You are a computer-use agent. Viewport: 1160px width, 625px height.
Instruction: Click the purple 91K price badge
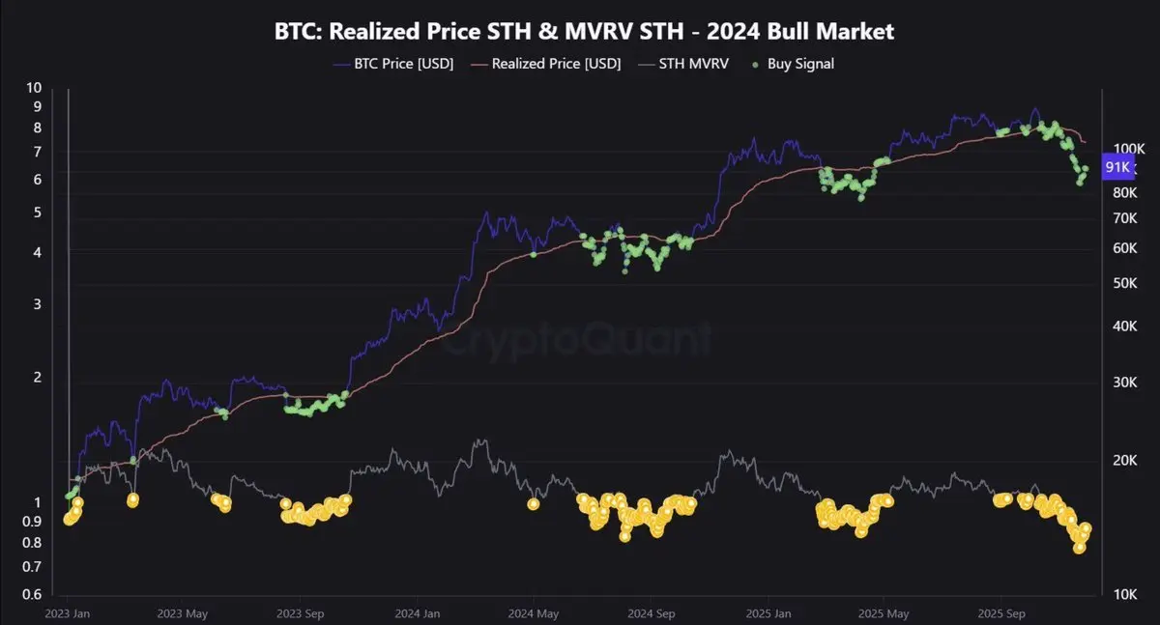1117,167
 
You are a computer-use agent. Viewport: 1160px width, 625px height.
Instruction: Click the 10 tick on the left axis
35,87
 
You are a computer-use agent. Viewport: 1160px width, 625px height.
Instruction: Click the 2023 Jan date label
70,613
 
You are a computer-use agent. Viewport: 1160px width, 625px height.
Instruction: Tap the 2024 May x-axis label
534,613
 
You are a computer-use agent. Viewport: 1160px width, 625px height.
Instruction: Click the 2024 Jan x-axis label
418,613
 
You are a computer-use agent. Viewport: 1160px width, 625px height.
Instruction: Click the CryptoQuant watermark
580,339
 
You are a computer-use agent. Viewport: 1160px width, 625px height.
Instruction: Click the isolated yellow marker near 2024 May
534,503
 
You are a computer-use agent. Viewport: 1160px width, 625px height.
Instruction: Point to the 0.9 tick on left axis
32,522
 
